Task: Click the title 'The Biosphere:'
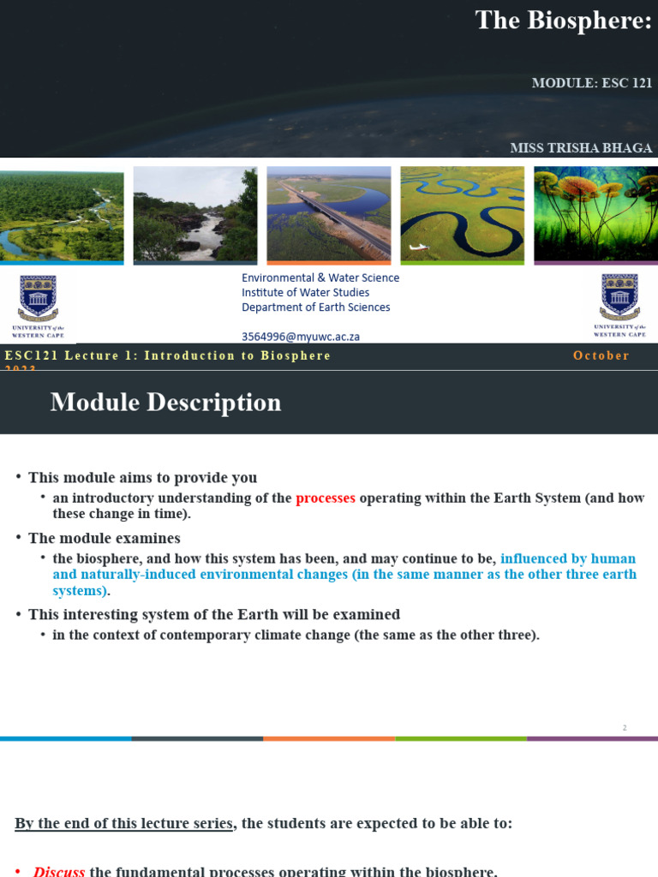(563, 21)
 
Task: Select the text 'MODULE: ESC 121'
(592, 83)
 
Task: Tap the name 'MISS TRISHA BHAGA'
(581, 148)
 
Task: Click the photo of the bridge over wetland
(329, 214)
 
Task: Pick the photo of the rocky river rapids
(195, 214)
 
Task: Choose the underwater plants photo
(595, 214)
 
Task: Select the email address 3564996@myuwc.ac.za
(301, 337)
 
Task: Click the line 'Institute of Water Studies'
(306, 293)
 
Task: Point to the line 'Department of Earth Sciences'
(315, 307)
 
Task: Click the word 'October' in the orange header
(601, 355)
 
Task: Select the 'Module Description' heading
(165, 403)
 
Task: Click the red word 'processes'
(326, 498)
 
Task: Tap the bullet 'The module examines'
(104, 539)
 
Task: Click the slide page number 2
(625, 728)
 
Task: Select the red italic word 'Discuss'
(59, 871)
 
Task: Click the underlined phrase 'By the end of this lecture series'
(124, 824)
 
